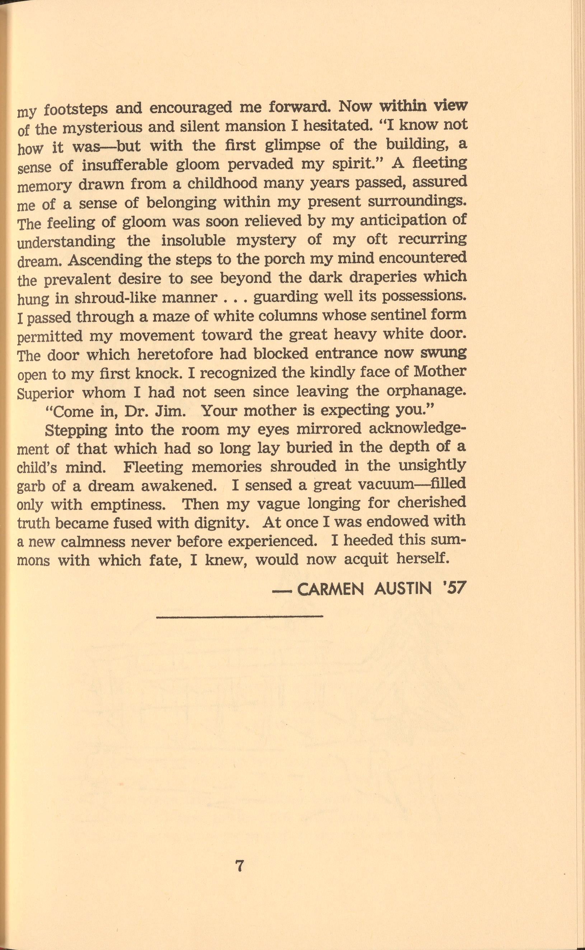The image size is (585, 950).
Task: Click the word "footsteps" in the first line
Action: click(x=76, y=109)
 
